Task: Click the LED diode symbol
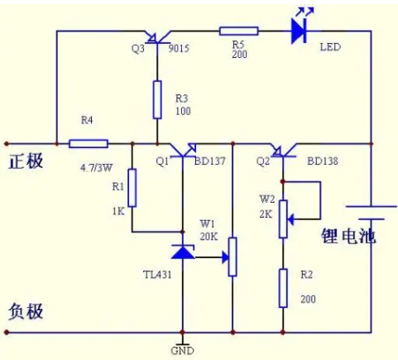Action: [x=300, y=31]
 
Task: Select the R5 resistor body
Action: [x=239, y=31]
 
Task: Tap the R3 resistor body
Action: [x=157, y=100]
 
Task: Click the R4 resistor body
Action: [x=89, y=143]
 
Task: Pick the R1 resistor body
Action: [x=132, y=188]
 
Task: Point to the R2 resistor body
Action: [x=283, y=288]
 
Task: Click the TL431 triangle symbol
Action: [x=183, y=252]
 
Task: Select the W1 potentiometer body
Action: [x=233, y=257]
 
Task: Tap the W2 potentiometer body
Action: [x=283, y=219]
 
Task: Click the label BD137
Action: [x=210, y=161]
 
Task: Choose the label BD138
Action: [x=323, y=161]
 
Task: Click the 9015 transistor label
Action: [x=179, y=49]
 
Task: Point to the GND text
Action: [x=182, y=351]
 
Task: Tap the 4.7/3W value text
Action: [x=96, y=167]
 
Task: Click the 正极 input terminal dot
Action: [x=7, y=143]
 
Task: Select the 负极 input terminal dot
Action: [x=7, y=332]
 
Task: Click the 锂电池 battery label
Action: [x=348, y=236]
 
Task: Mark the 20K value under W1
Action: [x=209, y=236]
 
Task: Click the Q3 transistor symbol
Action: [x=158, y=39]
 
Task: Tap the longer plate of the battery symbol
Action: [x=372, y=206]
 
